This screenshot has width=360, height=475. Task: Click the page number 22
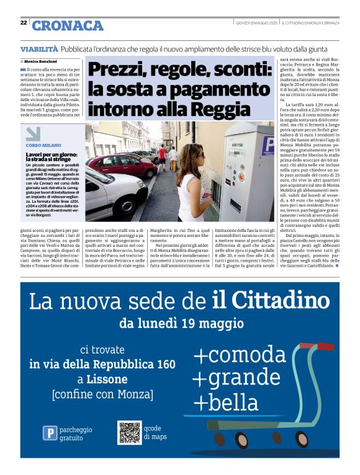23,22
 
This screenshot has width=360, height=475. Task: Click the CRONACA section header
68,25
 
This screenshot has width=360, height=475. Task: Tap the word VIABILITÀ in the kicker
39,48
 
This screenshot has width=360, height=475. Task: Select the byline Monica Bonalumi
41,62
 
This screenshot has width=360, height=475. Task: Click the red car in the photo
121,164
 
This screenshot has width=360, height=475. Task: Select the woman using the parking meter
191,177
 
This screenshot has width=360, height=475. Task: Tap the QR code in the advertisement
130,433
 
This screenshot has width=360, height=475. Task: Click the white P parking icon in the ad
50,433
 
